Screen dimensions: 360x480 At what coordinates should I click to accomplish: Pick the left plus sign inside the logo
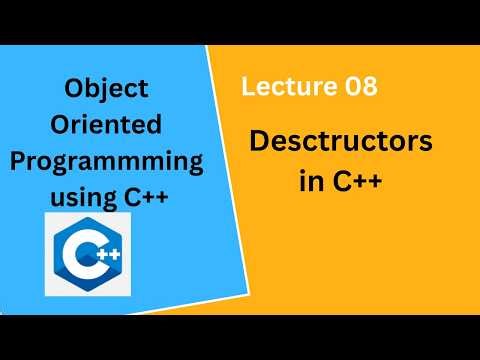pos(100,257)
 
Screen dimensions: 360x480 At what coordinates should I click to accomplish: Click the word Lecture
pos(281,88)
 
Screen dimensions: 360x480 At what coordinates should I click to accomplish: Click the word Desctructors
pos(341,142)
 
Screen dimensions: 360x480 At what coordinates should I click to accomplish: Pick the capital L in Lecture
pos(247,88)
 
